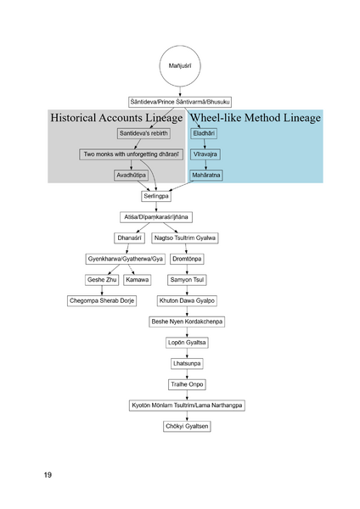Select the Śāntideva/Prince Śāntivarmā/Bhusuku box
tap(180, 101)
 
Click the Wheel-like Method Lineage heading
tap(255, 118)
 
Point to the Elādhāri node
tap(204, 134)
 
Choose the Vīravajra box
tap(205, 154)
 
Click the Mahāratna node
tap(207, 176)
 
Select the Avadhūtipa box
tap(133, 176)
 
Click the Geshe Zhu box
tap(101, 279)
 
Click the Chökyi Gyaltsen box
tap(186, 425)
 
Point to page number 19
tap(48, 475)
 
